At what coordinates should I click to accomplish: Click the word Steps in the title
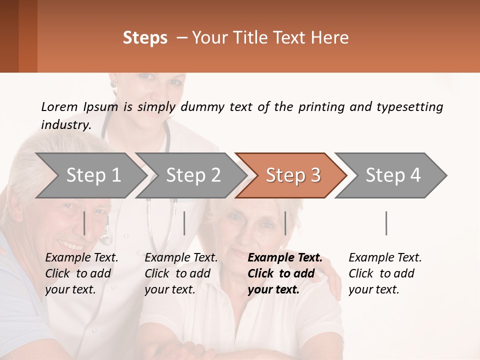tap(145, 38)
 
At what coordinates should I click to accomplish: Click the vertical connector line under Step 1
tap(84, 223)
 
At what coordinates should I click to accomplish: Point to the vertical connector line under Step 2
tap(184, 223)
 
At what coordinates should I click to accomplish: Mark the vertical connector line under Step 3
tap(285, 223)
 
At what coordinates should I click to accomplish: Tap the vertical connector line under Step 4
tap(386, 223)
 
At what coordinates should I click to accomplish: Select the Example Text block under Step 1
tap(81, 273)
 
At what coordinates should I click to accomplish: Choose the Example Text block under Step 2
tap(181, 273)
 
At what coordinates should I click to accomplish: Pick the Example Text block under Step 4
tap(385, 273)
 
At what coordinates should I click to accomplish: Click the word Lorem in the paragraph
tap(59, 106)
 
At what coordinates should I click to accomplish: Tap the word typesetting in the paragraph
tap(409, 106)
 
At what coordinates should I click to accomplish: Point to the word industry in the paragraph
tap(65, 124)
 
